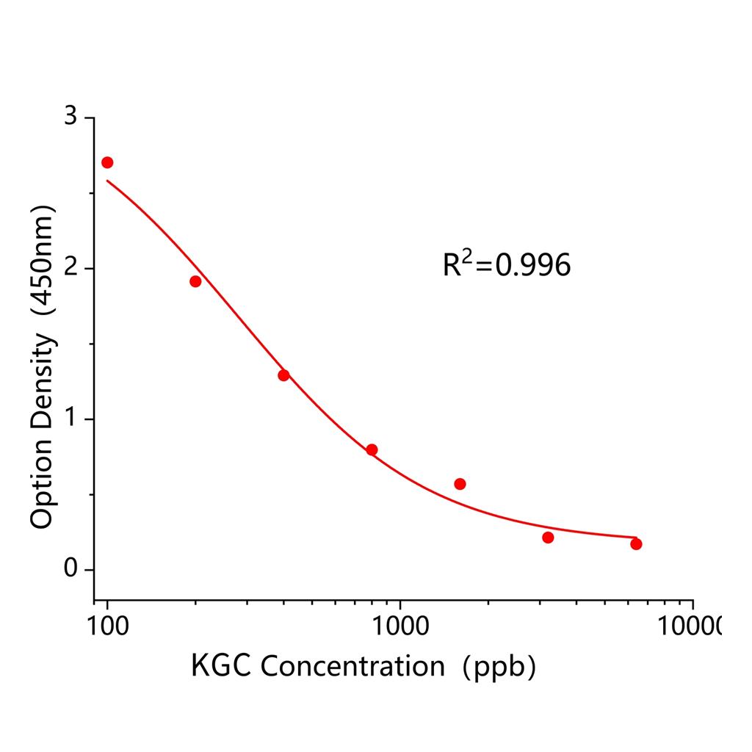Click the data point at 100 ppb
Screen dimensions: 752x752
107,162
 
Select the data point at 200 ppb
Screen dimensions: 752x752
195,281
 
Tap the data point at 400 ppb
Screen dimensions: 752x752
283,375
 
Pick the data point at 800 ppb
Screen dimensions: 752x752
372,449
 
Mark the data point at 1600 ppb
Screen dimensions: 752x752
460,484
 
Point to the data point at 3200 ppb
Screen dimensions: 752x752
548,538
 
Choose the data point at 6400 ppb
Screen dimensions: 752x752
636,543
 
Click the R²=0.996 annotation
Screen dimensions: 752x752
506,265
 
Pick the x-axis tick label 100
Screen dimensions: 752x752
107,626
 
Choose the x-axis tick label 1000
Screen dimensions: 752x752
399,626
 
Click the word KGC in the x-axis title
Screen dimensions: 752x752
222,666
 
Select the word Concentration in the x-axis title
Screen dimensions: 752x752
352,666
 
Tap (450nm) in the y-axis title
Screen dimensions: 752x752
43,264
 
